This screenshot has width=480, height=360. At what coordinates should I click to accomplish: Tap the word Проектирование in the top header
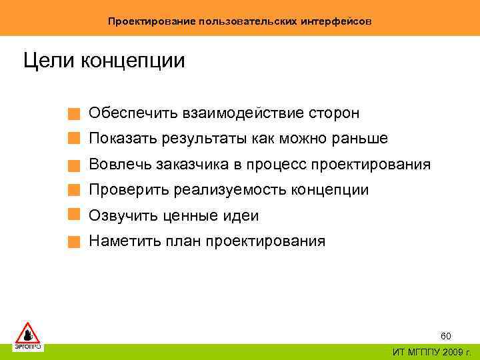(152, 21)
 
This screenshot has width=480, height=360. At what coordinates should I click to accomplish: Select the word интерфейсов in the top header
(339, 21)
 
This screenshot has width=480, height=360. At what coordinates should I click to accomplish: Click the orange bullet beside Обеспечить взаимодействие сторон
(75, 114)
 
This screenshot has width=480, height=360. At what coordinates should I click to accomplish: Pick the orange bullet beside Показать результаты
(75, 139)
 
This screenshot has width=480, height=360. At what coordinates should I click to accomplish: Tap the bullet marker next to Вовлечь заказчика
(75, 165)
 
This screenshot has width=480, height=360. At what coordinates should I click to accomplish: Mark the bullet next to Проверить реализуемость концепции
(75, 190)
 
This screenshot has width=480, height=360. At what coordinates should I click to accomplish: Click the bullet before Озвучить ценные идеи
(75, 215)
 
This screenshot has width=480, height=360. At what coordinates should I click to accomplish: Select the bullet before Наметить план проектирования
(75, 241)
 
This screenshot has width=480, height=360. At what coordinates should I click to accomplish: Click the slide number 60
(446, 336)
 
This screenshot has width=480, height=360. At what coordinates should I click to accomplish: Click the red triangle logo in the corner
(27, 333)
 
